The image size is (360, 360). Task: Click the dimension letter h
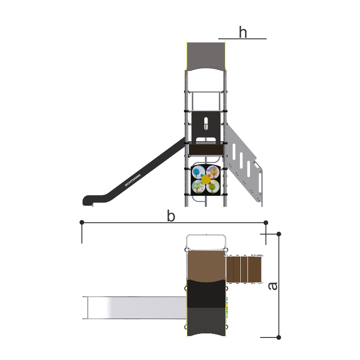click(x=243, y=32)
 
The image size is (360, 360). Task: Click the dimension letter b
click(x=171, y=216)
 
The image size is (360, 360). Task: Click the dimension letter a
click(x=273, y=286)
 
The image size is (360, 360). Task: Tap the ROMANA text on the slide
click(x=133, y=180)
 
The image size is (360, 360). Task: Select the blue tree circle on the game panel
click(x=198, y=172)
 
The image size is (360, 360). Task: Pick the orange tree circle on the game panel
click(x=213, y=172)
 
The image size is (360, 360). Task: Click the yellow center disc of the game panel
click(x=206, y=179)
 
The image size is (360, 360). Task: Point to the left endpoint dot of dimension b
click(x=82, y=222)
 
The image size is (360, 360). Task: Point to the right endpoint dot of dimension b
click(x=266, y=222)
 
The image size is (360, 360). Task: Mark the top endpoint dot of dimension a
click(x=279, y=234)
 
